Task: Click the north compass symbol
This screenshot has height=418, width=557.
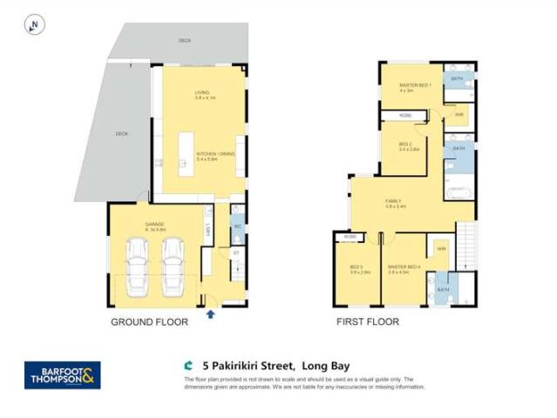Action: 34,26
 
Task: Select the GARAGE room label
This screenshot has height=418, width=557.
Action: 155,225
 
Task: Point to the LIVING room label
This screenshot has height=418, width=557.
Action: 202,93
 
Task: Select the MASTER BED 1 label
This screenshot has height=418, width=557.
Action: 411,84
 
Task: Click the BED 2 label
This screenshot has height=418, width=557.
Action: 405,145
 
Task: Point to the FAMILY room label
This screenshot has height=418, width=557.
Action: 394,203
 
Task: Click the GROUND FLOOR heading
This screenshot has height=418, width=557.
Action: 149,322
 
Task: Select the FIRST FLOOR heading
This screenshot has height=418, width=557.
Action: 368,322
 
